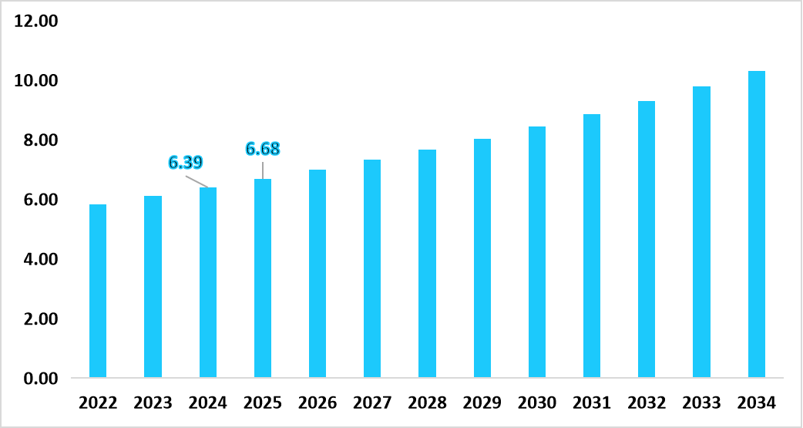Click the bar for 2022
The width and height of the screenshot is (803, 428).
98,292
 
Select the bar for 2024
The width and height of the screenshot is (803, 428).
208,283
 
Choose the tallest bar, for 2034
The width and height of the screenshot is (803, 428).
756,224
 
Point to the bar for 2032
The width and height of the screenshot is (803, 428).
646,240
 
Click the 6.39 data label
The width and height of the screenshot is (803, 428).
185,162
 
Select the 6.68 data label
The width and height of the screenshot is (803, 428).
262,148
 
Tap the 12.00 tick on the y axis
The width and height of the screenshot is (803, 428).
36,22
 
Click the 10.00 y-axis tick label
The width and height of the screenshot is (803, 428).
36,81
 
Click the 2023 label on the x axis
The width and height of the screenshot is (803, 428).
153,403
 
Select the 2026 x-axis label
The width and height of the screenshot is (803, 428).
318,403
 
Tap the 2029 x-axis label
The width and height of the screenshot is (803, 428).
482,403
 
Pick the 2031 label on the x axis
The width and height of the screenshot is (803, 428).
591,403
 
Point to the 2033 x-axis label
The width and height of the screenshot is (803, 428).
701,403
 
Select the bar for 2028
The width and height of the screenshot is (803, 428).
427,264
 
